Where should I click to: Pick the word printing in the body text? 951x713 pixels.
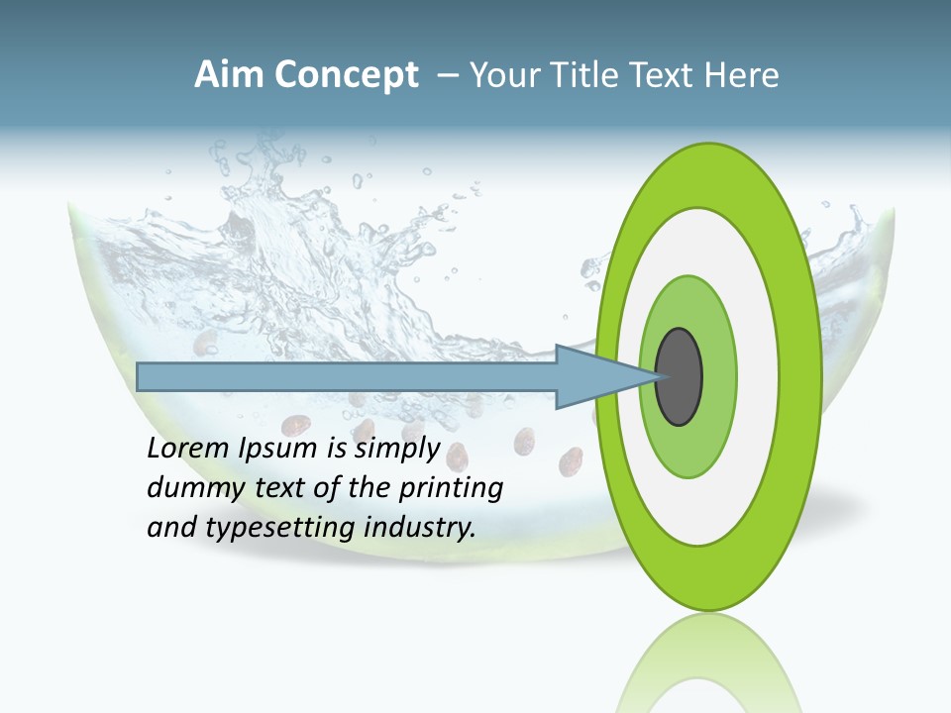pos(451,488)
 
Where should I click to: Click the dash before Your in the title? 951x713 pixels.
pos(448,75)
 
